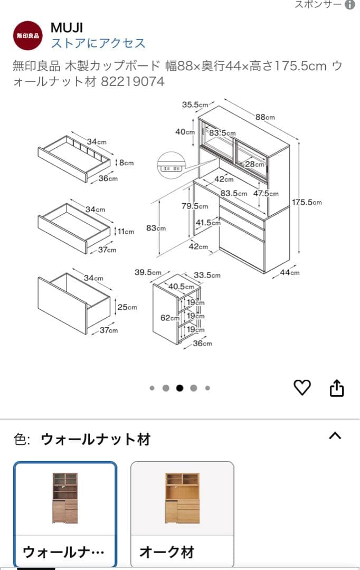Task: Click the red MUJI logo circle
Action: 27,35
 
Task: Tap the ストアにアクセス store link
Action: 98,43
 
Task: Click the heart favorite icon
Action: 302,388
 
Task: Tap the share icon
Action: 337,388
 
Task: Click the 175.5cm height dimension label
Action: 307,202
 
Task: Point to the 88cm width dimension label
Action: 265,117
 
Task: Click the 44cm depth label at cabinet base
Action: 289,272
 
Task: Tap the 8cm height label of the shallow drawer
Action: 125,163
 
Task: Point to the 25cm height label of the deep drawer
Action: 127,307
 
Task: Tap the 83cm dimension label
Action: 156,228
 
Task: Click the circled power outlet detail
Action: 170,165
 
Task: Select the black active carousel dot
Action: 179,388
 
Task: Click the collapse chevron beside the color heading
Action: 335,436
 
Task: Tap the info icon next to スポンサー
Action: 349,5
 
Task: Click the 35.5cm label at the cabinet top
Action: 195,104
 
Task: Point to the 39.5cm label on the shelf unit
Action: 147,272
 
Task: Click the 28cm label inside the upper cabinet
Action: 254,164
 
